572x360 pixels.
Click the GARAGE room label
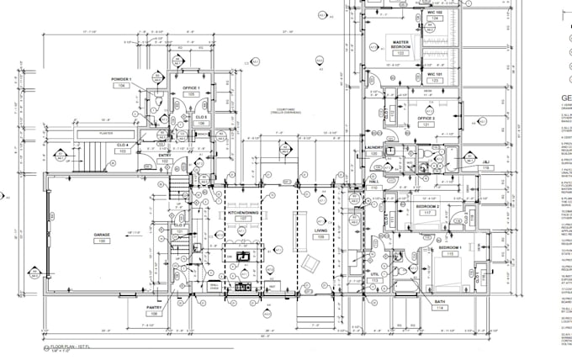click(x=103, y=235)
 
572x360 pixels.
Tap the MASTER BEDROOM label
click(x=400, y=42)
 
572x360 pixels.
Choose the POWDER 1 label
click(x=122, y=78)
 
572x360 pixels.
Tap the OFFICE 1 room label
click(x=191, y=87)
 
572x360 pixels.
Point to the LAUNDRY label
click(x=375, y=148)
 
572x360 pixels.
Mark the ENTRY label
click(x=164, y=155)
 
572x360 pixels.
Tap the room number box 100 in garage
click(x=103, y=241)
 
